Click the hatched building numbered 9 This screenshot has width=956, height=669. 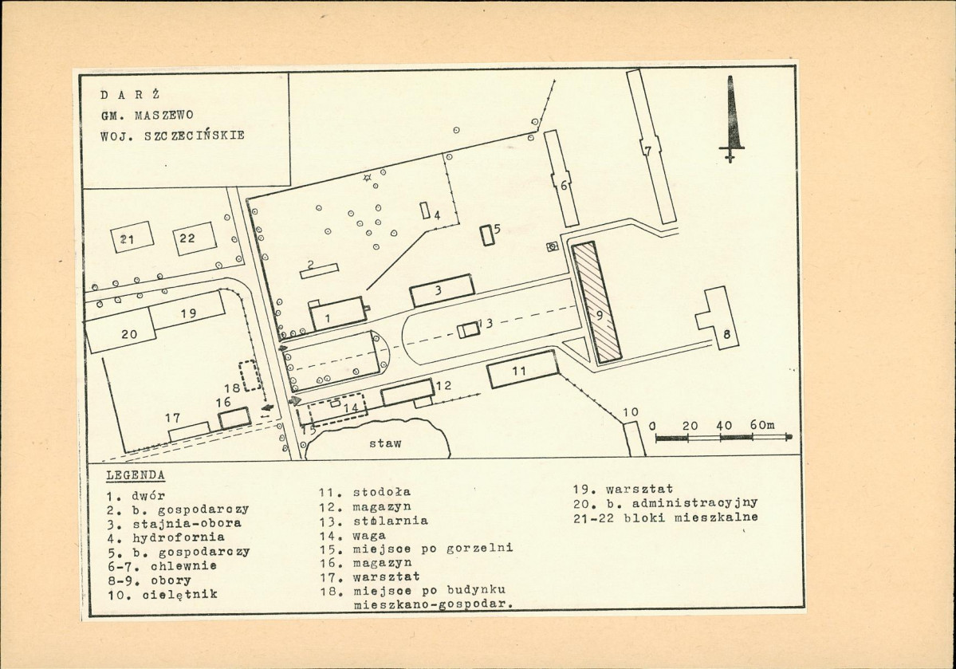click(x=596, y=302)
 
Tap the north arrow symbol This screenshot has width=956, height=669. click(x=730, y=119)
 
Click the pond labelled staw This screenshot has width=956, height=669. click(x=378, y=439)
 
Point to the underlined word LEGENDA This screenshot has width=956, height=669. click(x=136, y=475)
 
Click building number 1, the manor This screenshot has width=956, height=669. click(x=338, y=313)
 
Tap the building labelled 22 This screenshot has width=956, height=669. click(x=195, y=239)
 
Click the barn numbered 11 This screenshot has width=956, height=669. click(x=523, y=369)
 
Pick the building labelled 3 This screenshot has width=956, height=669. click(x=443, y=290)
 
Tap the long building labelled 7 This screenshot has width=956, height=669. click(x=651, y=148)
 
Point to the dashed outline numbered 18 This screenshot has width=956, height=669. click(x=250, y=376)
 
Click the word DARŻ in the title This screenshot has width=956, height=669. click(x=130, y=95)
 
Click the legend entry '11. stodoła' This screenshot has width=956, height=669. click(x=365, y=491)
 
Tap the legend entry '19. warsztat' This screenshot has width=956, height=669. click(x=623, y=489)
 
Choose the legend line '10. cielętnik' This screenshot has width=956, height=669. click(x=162, y=594)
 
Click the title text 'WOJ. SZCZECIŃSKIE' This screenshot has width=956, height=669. click(x=172, y=136)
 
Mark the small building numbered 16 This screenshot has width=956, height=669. click(x=234, y=418)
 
